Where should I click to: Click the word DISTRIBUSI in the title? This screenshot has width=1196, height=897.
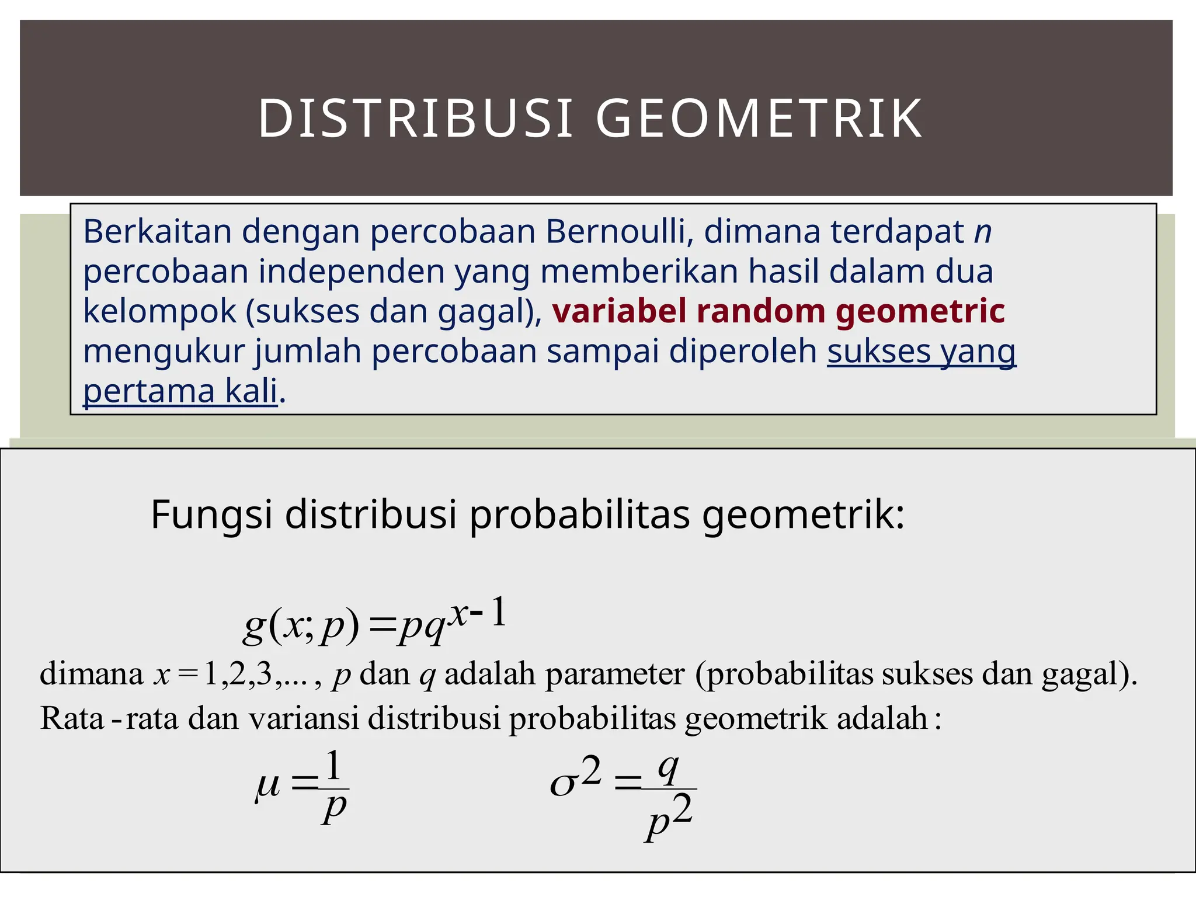point(415,119)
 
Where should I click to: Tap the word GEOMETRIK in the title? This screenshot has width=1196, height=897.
point(759,119)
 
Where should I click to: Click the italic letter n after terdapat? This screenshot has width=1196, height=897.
point(982,232)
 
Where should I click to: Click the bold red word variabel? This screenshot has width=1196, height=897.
point(619,311)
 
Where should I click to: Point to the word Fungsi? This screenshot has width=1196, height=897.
point(211,515)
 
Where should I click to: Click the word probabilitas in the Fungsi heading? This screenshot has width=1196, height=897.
point(579,515)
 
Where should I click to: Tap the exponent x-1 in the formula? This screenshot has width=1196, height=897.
point(478,613)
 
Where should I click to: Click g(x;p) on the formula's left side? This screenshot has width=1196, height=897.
point(301,627)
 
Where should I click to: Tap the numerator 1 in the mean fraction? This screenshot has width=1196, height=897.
point(333,766)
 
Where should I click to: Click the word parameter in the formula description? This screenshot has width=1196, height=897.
point(615,674)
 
